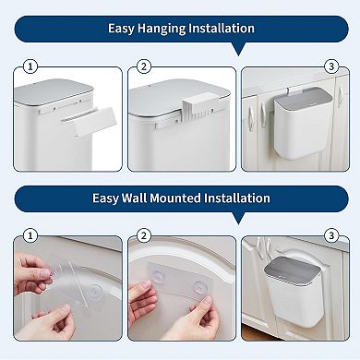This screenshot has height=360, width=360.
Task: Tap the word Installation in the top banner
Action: pos(226,29)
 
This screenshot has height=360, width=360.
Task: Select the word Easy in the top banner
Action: pos(120,29)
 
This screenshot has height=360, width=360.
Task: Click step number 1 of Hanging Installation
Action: pos(30,66)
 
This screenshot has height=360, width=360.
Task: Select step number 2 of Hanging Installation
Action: pos(144,66)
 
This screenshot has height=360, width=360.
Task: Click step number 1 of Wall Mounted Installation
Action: pos(30,236)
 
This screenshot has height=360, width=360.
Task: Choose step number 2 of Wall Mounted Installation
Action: pos(144,236)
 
